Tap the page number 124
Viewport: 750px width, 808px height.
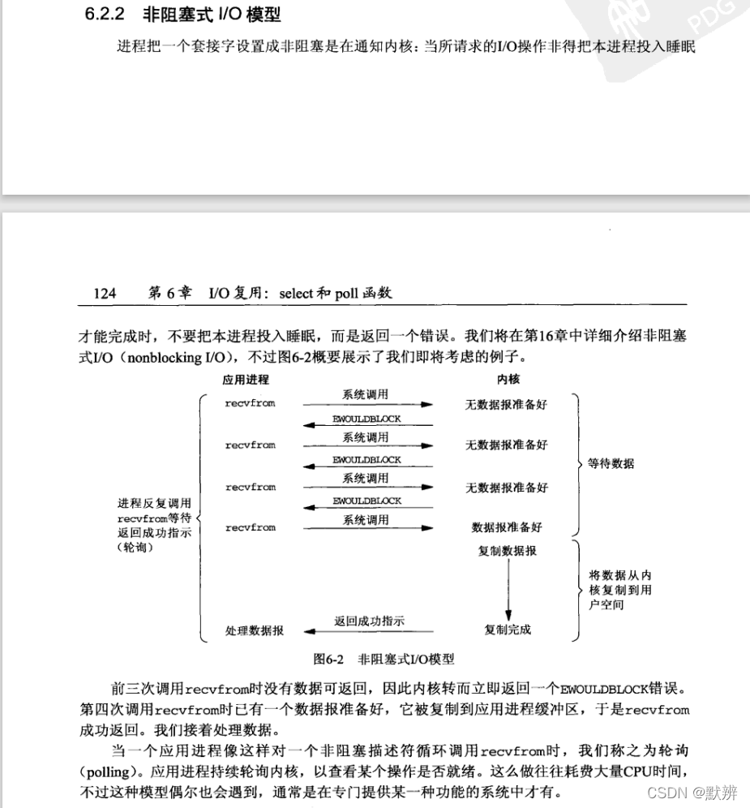coord(105,294)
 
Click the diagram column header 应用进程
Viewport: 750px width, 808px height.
coord(246,379)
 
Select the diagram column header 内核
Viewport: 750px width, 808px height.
coord(508,379)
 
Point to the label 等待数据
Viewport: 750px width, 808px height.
coord(611,464)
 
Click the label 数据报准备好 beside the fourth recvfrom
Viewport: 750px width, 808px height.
coord(507,527)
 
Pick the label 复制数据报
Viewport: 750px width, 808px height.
coord(508,552)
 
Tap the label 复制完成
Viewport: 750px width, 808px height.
coord(508,630)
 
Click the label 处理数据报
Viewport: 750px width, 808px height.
coord(254,630)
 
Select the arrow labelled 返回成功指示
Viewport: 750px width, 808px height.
coord(369,630)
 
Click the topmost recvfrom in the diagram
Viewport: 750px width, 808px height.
coord(251,403)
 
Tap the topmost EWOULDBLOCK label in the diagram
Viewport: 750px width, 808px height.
coord(366,419)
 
